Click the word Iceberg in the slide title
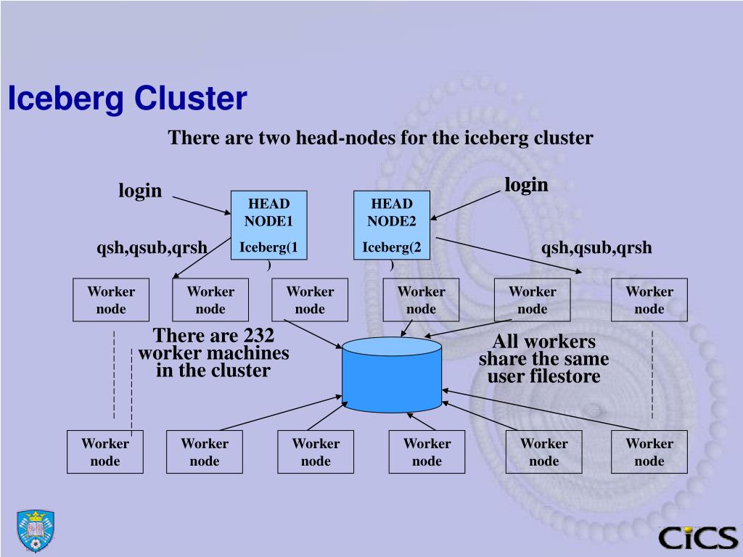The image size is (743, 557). pyautogui.click(x=66, y=99)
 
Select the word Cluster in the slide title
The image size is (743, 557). pyautogui.click(x=191, y=98)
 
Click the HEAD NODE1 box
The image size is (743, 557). pyautogui.click(x=268, y=225)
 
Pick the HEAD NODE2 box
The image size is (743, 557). pyautogui.click(x=391, y=225)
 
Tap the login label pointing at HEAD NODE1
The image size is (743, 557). pyautogui.click(x=140, y=191)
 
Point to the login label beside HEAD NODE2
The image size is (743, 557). pyautogui.click(x=526, y=185)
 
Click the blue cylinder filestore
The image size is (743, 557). pyautogui.click(x=392, y=374)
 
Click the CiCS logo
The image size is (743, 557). pyautogui.click(x=698, y=537)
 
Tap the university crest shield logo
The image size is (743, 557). pyautogui.click(x=36, y=530)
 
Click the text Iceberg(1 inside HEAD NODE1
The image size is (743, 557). pyautogui.click(x=268, y=247)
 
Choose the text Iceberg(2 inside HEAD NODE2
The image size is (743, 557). pyautogui.click(x=391, y=247)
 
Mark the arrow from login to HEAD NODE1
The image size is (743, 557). pyautogui.click(x=202, y=205)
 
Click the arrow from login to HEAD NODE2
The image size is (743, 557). pyautogui.click(x=465, y=205)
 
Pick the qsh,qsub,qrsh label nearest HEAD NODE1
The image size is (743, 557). pyautogui.click(x=152, y=248)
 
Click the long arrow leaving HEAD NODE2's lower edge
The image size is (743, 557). pyautogui.click(x=509, y=255)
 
